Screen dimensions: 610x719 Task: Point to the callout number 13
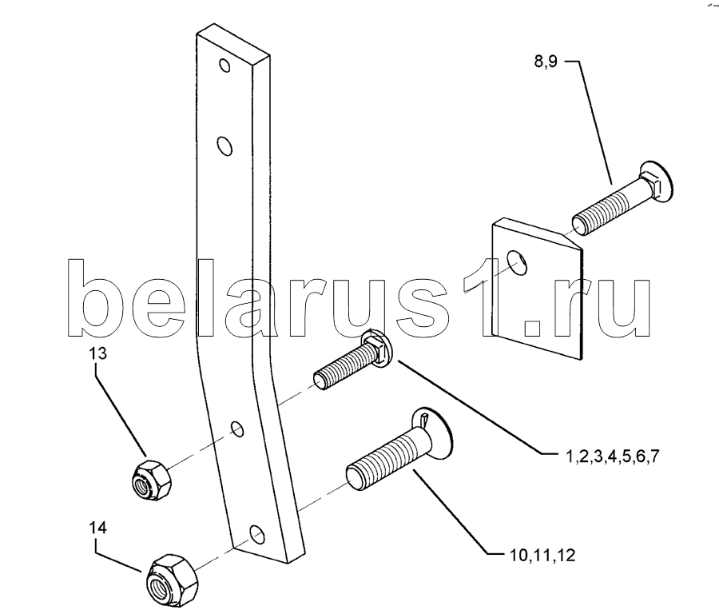click(x=97, y=355)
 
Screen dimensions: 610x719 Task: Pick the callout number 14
click(x=97, y=528)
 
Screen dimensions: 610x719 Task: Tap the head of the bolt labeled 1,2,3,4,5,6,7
click(x=375, y=353)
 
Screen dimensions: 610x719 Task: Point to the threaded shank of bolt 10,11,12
click(x=383, y=464)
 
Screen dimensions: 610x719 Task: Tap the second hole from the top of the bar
click(x=225, y=146)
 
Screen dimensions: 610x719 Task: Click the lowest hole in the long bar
click(x=256, y=532)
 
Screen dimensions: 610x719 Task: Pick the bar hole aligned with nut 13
click(x=238, y=429)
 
